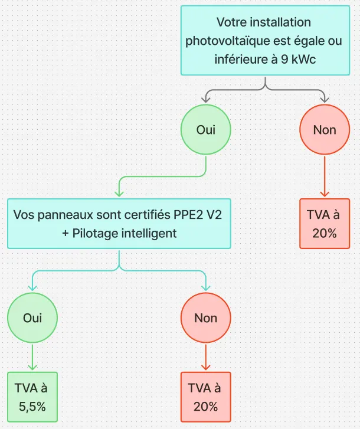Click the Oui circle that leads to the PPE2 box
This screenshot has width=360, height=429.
[205, 130]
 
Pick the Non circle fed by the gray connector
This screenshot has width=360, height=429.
[324, 130]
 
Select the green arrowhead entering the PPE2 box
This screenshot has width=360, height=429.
[119, 191]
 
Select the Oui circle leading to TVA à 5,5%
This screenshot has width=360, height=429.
[32, 317]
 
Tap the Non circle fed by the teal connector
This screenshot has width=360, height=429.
[205, 317]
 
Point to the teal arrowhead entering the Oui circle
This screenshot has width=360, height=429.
[32, 287]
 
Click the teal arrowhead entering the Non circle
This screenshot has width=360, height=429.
[205, 287]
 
